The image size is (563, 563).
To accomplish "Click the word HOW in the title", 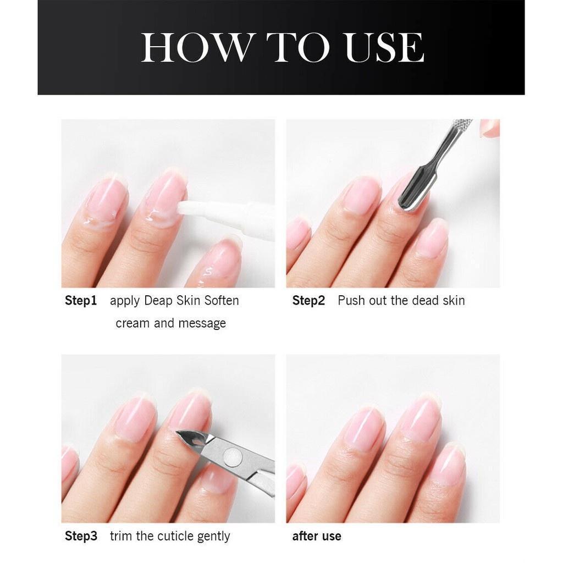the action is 195,47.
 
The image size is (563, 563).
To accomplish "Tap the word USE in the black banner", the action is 384,47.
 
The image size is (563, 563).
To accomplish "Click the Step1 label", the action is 81,301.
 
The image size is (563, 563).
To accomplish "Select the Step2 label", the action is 308,301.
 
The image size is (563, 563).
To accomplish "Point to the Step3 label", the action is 81,536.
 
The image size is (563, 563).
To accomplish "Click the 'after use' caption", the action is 317,536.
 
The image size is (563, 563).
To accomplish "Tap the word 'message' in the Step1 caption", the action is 202,323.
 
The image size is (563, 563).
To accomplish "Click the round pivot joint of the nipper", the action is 233,457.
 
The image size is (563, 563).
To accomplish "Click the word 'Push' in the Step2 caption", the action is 351,301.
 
